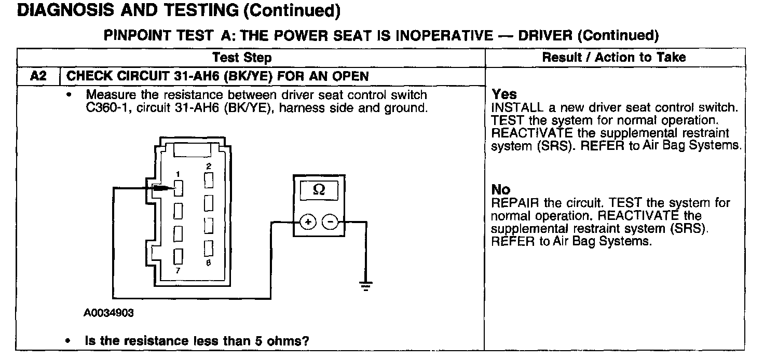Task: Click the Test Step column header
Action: tap(242, 57)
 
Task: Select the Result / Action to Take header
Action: tap(614, 57)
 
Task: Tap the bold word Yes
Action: tap(504, 94)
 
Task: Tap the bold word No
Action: tap(500, 189)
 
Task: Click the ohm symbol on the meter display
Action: tap(319, 190)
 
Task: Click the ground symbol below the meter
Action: tap(366, 285)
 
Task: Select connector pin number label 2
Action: tap(208, 167)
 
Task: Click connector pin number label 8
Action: tap(208, 263)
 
